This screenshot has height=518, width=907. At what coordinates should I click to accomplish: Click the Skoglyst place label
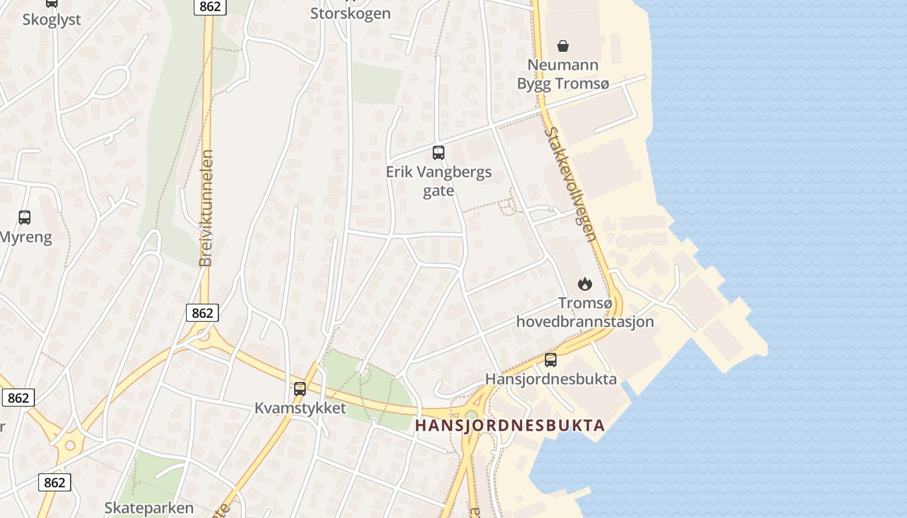point(52,19)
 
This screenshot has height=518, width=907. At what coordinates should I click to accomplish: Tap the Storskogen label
point(350,14)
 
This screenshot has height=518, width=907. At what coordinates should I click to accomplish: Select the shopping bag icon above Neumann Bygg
point(563,46)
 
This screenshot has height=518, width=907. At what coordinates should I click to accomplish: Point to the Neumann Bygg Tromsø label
point(558,74)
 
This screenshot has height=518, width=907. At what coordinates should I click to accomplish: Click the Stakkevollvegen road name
point(570,184)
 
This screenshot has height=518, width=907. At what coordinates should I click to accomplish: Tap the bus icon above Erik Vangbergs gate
point(439,153)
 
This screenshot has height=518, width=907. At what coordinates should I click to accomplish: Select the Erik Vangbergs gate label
point(439,181)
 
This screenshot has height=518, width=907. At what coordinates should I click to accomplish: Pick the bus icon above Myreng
point(25,218)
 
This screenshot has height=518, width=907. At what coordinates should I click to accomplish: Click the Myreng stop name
point(26,237)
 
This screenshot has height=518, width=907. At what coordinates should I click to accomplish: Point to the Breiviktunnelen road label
point(207,208)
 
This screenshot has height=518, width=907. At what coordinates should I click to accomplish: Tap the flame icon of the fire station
point(584,284)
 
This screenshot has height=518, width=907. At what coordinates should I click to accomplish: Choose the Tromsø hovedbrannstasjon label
point(584,312)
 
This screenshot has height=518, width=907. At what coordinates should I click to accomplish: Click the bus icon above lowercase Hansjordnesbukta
point(551,360)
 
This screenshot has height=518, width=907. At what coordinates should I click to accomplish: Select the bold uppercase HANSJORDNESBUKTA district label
point(510,425)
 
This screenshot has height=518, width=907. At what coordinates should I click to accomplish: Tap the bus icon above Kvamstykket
point(300,389)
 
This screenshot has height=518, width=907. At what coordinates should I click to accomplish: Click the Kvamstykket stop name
point(300,409)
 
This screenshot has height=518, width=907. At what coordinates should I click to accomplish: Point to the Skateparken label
point(149,508)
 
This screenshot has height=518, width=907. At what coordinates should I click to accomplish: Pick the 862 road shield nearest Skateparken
point(54,482)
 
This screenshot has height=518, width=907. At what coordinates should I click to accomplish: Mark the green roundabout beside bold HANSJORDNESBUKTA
point(471,415)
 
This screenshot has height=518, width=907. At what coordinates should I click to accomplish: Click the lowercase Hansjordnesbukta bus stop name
point(551,379)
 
